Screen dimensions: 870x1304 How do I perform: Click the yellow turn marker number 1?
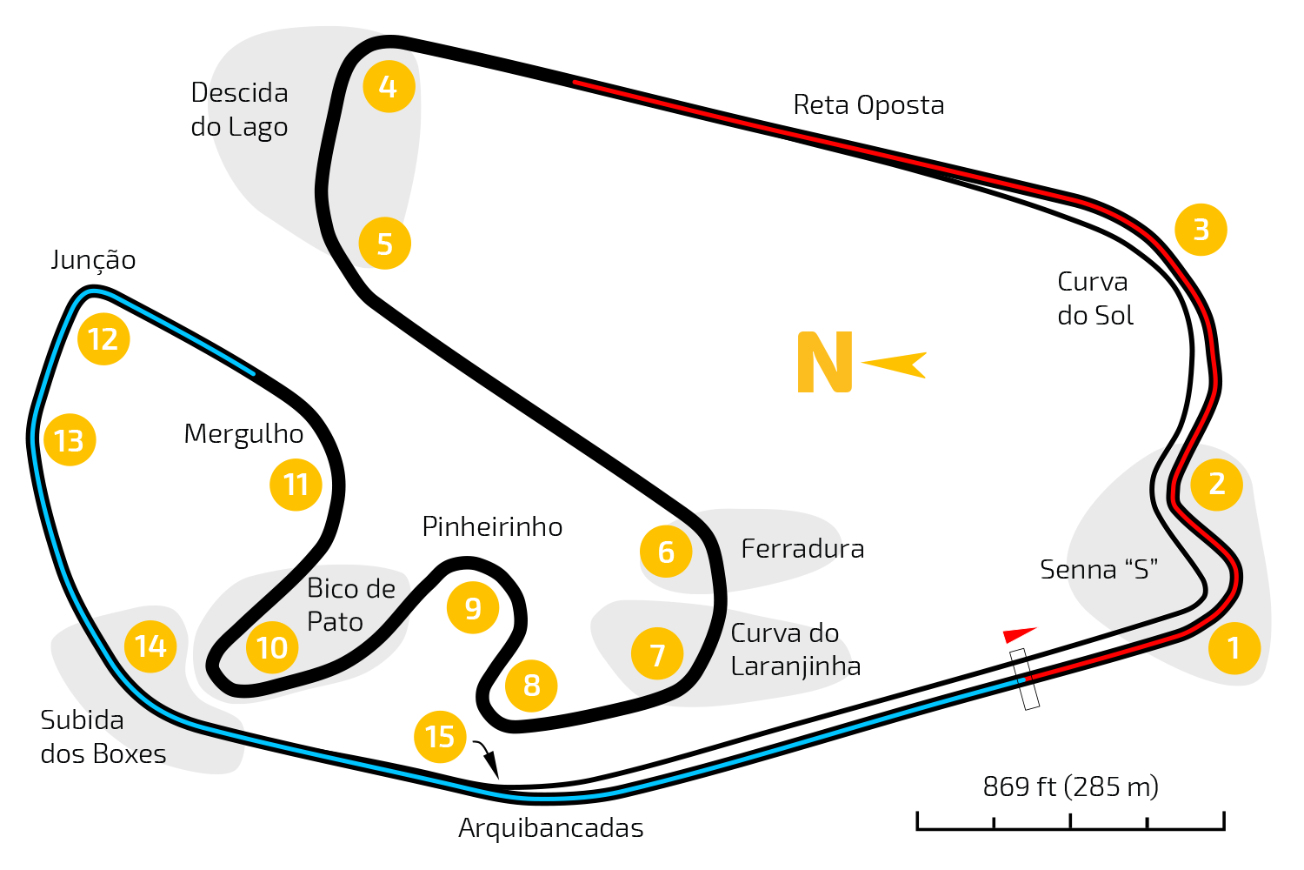click(x=1234, y=648)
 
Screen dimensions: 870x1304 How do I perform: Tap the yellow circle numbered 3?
click(x=1201, y=230)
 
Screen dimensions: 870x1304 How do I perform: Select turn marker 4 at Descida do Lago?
click(x=388, y=87)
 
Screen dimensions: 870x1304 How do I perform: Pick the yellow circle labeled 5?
click(x=384, y=244)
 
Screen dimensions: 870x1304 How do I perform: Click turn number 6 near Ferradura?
click(x=666, y=552)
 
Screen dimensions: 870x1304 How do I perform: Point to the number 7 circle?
click(x=657, y=654)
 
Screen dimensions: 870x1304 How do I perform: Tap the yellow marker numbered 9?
click(x=472, y=607)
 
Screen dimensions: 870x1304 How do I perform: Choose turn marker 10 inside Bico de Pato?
click(x=272, y=648)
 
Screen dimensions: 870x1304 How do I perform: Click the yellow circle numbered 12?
click(x=103, y=339)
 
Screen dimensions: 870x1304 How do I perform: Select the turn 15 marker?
click(x=440, y=737)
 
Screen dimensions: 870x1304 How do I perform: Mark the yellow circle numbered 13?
click(x=70, y=440)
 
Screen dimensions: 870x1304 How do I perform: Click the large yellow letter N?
click(x=824, y=363)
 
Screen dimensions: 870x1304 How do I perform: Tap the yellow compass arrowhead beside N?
click(x=895, y=365)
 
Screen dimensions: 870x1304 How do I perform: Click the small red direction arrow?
click(x=1019, y=635)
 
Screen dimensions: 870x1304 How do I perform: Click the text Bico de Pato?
click(x=351, y=606)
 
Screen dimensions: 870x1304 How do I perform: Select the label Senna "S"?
click(x=1100, y=570)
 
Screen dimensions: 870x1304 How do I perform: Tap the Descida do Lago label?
click(x=240, y=110)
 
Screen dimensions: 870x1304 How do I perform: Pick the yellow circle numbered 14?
click(x=150, y=646)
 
